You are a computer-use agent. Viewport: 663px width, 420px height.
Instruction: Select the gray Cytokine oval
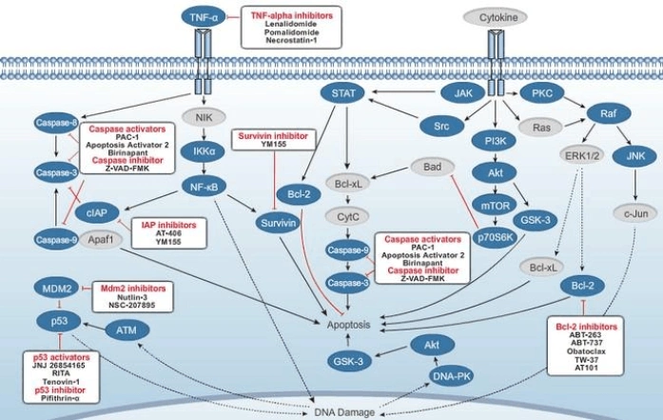[492, 17]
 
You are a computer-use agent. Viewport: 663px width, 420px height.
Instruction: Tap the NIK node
[204, 119]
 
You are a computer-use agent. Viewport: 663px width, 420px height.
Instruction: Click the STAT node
[341, 93]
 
